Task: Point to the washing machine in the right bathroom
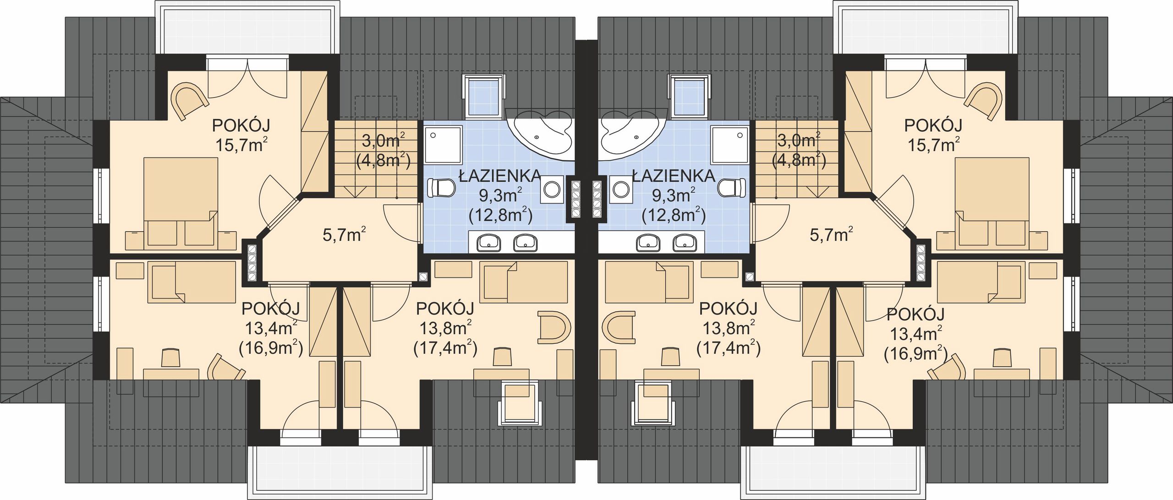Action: (620, 190)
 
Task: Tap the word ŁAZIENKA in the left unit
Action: (499, 175)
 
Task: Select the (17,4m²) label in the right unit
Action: (729, 349)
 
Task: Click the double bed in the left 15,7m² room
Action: (180, 201)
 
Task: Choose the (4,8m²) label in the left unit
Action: (383, 160)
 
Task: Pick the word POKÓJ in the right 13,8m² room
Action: (728, 309)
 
